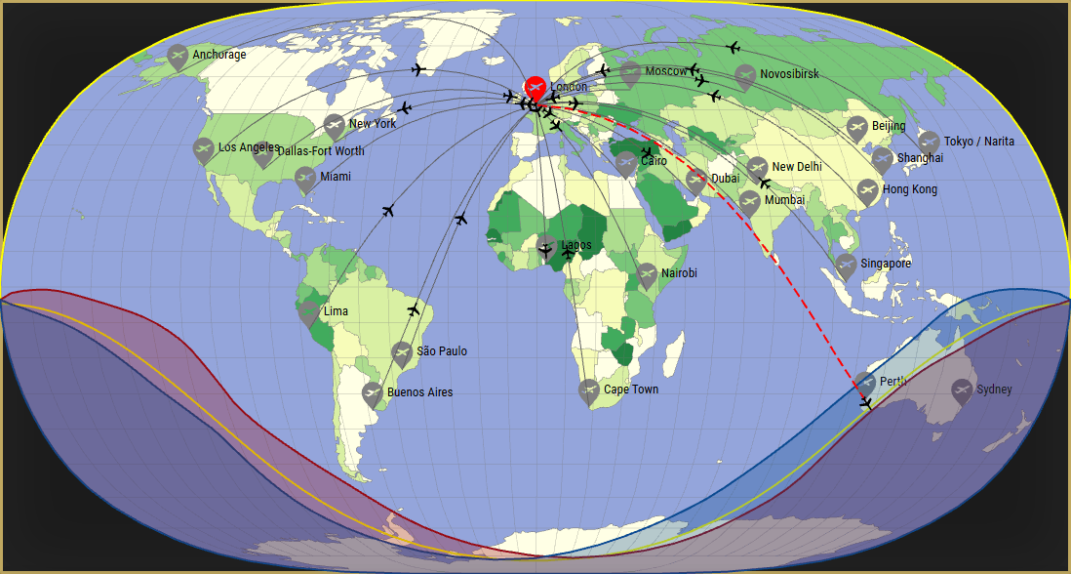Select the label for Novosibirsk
tap(789, 74)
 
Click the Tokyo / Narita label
tap(978, 142)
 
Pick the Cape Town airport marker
tap(588, 391)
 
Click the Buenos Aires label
tap(419, 392)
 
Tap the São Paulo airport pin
tap(401, 353)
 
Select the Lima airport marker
tap(309, 313)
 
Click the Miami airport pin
tap(305, 179)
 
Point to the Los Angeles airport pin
tap(203, 150)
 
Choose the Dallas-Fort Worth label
tap(321, 151)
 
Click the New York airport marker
tap(334, 126)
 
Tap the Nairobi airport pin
tap(647, 275)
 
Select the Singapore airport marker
tap(845, 265)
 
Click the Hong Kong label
tap(910, 189)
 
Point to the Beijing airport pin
tap(856, 128)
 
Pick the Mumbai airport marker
tap(749, 202)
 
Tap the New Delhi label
tap(796, 167)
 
